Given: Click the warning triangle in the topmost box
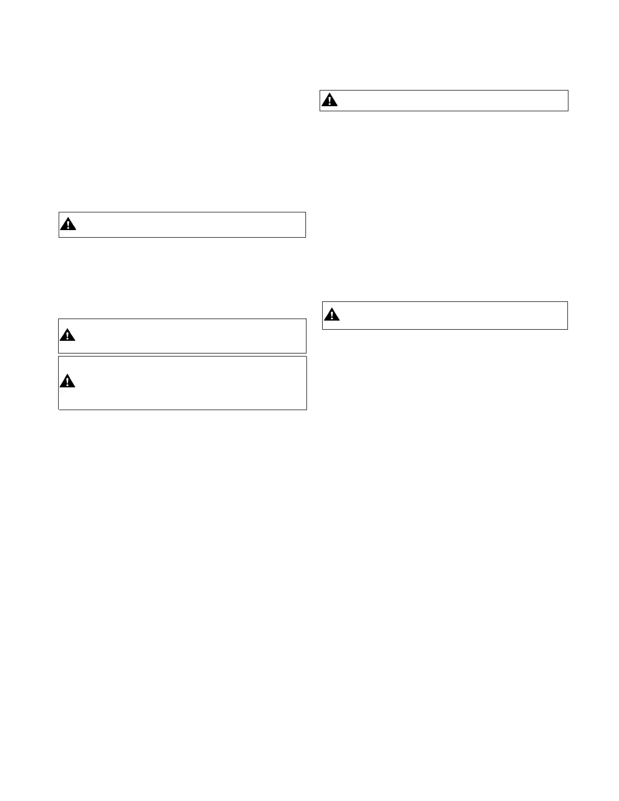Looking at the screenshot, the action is (x=330, y=100).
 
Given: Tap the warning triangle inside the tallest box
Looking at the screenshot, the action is (x=67, y=381).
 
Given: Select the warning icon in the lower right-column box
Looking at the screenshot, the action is (x=332, y=315).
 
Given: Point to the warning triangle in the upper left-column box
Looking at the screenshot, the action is (x=68, y=224).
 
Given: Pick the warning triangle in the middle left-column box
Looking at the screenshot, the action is (x=67, y=335).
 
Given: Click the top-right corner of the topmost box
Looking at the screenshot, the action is (x=568, y=91).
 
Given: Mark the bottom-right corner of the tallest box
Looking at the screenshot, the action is (x=306, y=409).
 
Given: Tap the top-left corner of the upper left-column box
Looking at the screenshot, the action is (x=59, y=212).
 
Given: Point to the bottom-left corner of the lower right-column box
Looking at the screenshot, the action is (x=323, y=329).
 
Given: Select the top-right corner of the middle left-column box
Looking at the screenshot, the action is (x=306, y=319).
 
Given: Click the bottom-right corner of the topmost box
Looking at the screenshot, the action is (x=568, y=110).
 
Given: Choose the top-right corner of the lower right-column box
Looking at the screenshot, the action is (x=567, y=302).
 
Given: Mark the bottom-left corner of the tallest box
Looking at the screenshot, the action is (x=59, y=409).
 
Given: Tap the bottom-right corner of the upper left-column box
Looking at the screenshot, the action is (x=305, y=237).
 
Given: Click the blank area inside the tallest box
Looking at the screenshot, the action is (x=192, y=383).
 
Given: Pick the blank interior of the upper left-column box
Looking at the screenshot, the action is (x=192, y=225).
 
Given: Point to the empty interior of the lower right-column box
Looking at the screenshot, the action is (x=450, y=316).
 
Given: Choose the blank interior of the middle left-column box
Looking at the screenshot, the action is (x=192, y=336).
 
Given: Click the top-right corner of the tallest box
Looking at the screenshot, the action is (x=306, y=357).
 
